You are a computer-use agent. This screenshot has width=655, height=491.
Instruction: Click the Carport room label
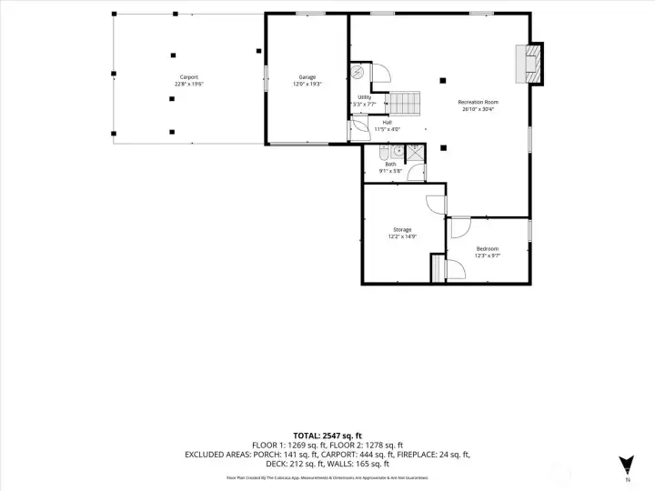tap(188, 77)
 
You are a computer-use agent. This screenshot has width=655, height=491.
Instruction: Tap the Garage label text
tap(307, 77)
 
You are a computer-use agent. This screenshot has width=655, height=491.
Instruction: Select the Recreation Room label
tap(478, 102)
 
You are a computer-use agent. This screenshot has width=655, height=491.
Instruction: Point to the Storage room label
tap(402, 229)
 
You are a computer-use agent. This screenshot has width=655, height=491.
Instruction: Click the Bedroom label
tap(488, 248)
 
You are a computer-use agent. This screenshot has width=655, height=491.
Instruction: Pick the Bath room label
tap(390, 164)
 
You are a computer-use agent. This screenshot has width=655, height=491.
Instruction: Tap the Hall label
tap(388, 122)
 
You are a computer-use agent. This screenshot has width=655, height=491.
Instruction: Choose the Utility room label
tap(364, 96)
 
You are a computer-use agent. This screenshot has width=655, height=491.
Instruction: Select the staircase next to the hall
tap(407, 103)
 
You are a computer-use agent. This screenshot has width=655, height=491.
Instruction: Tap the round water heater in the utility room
tap(358, 71)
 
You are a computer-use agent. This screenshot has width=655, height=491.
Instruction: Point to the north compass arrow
tap(626, 465)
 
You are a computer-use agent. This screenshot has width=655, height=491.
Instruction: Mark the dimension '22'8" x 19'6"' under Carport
tap(188, 85)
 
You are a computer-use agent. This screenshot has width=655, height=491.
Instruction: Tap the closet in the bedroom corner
tap(437, 268)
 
